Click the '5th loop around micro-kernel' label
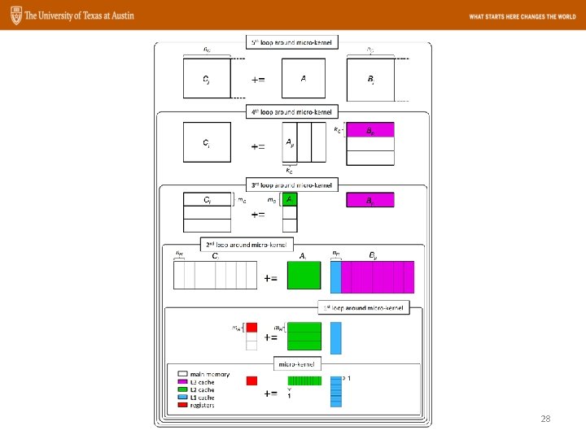pyautogui.click(x=292, y=42)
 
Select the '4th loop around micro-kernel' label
pyautogui.click(x=292, y=111)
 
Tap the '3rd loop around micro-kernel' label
pyautogui.click(x=292, y=185)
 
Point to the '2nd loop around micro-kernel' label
pyautogui.click(x=242, y=244)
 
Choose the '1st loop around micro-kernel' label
pyautogui.click(x=363, y=307)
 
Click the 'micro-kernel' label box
pyautogui.click(x=297, y=363)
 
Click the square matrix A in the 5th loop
pyautogui.click(x=303, y=79)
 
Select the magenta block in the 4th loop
pyautogui.click(x=370, y=130)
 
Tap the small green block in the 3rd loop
pyautogui.click(x=290, y=199)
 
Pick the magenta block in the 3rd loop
pyautogui.click(x=370, y=200)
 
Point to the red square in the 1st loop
pyautogui.click(x=251, y=328)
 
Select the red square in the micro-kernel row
pyautogui.click(x=251, y=380)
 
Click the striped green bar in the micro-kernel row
pyautogui.click(x=304, y=380)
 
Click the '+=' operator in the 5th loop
pyautogui.click(x=256, y=80)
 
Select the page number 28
pyautogui.click(x=545, y=419)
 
